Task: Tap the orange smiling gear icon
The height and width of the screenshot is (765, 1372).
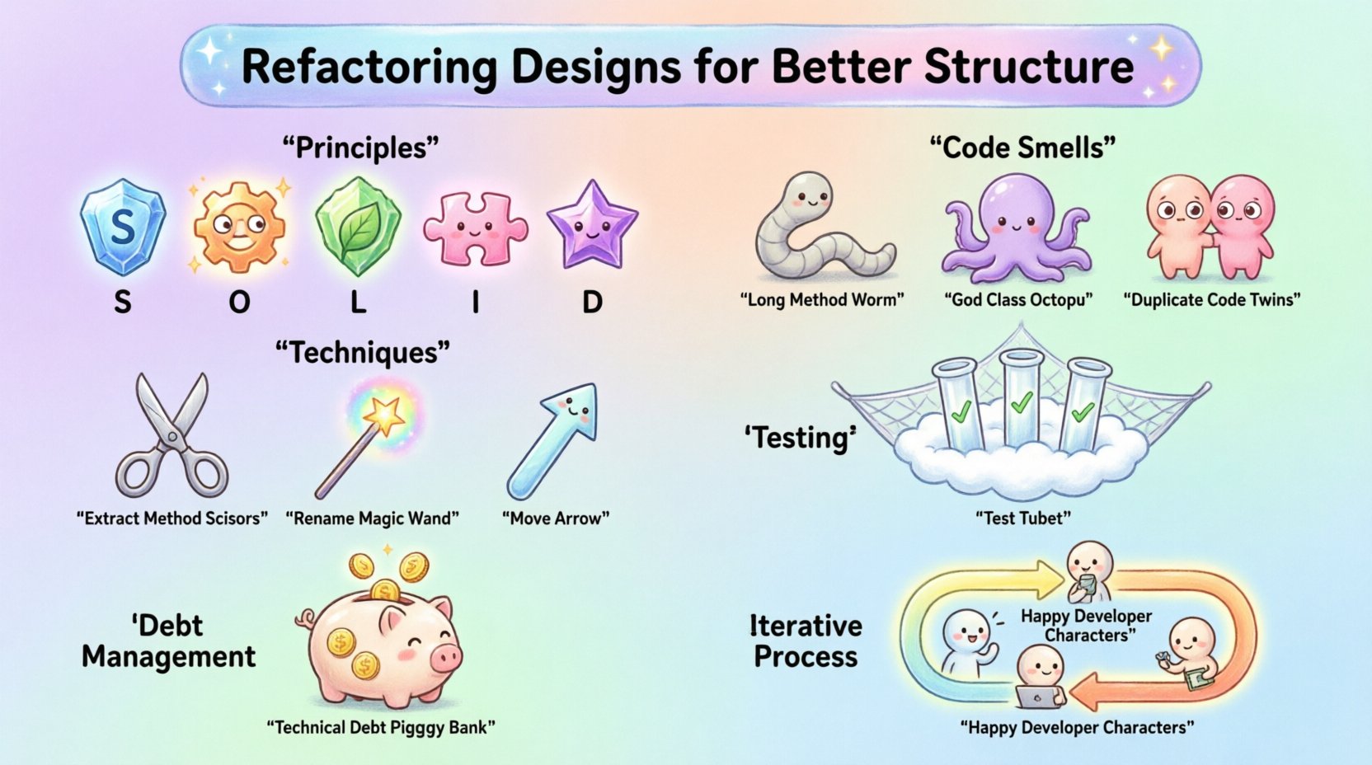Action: (x=239, y=226)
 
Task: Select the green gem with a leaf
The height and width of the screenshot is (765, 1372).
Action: (x=357, y=226)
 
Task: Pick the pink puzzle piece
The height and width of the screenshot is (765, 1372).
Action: (x=474, y=228)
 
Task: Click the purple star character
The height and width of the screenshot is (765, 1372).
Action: (x=591, y=226)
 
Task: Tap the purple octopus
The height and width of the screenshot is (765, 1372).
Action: (x=1017, y=226)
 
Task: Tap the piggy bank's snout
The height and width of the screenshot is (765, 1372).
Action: (x=446, y=658)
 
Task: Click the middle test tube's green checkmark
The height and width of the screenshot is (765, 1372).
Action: (x=1021, y=403)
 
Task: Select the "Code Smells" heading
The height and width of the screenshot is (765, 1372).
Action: (x=1022, y=148)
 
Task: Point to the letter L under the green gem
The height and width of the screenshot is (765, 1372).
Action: (x=357, y=303)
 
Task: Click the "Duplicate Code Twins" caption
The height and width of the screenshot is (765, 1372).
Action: (x=1211, y=300)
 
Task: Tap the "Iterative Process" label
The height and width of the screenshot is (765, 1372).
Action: (x=806, y=641)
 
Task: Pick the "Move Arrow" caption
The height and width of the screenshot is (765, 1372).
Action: (x=556, y=519)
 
